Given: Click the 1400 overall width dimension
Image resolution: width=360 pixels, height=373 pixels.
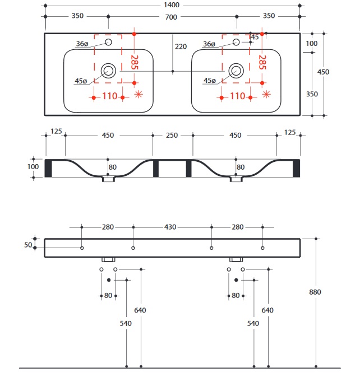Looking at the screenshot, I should pos(172,5).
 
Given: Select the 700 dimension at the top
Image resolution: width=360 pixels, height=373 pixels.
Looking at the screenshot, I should pos(172,16).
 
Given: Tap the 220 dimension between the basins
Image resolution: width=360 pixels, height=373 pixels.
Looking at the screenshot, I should pos(180,46).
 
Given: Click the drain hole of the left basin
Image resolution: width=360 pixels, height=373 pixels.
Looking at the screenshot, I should pos(108,70).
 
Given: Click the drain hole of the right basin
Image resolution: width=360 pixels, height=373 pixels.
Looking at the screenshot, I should pos(236,70).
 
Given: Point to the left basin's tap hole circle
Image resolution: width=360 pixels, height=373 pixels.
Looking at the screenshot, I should pos(109,42).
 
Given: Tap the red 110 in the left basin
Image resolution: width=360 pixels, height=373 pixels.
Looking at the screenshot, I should pos(109,96).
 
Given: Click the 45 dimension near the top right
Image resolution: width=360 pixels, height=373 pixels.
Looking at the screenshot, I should pos(255,37).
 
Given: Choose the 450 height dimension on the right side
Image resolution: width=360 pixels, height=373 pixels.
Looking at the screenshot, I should pos(324,72).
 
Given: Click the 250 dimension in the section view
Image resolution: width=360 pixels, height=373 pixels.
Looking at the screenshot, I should pos(172,135).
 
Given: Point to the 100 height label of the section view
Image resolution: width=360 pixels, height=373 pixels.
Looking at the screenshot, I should pos(33,166).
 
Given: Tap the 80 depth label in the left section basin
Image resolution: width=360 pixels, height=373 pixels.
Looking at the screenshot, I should pos(113,166).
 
